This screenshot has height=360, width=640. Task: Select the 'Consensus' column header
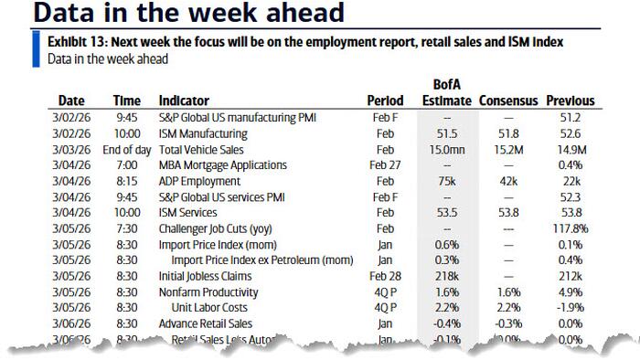[508, 101]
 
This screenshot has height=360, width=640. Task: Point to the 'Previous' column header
[571, 101]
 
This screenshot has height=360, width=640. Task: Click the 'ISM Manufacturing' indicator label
[204, 132]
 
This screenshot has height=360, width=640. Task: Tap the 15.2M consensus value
[508, 149]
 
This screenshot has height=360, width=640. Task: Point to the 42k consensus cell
[508, 182]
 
